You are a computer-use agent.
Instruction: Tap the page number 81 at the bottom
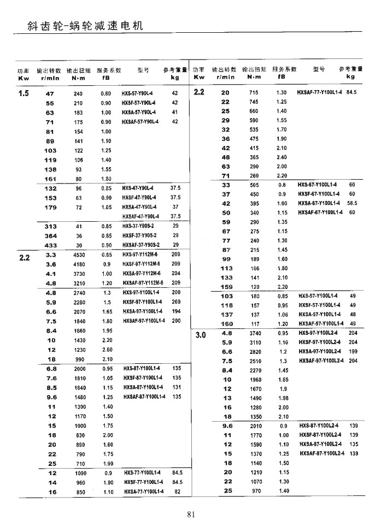pyautogui.click(x=191, y=513)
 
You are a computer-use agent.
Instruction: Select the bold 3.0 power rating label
pyautogui.click(x=198, y=334)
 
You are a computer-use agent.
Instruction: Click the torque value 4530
pyautogui.click(x=78, y=255)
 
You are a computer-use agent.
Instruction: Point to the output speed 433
pyautogui.click(x=50, y=245)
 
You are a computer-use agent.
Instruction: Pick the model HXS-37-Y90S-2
pyautogui.click(x=137, y=226)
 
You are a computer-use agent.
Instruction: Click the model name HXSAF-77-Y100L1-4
pyautogui.click(x=319, y=93)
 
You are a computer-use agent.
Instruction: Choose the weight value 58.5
pyautogui.click(x=352, y=203)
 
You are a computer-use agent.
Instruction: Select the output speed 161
pyautogui.click(x=50, y=179)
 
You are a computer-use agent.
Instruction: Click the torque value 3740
pyautogui.click(x=255, y=333)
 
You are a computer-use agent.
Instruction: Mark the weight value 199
pyautogui.click(x=353, y=351)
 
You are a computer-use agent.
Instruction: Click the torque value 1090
pyautogui.click(x=80, y=472)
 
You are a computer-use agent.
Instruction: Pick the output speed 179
pyautogui.click(x=50, y=208)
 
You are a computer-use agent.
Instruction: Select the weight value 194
pyautogui.click(x=176, y=311)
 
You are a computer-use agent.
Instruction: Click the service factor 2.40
pyautogui.click(x=282, y=157)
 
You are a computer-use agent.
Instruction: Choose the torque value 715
pyautogui.click(x=254, y=93)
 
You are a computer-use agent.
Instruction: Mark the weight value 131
pyautogui.click(x=176, y=387)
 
